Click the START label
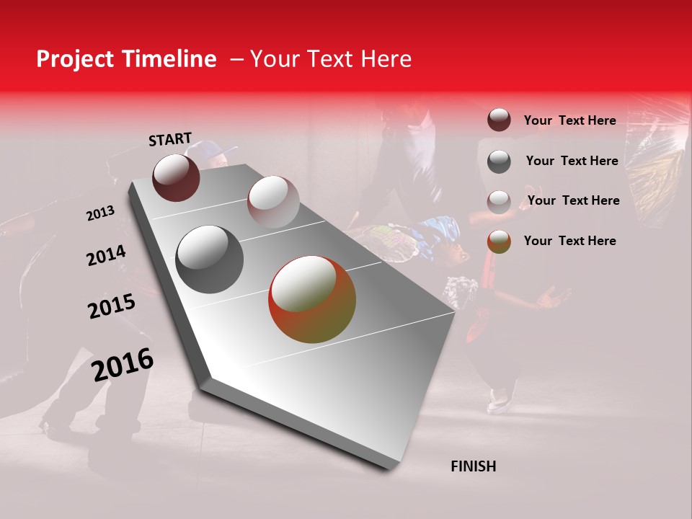point(170,138)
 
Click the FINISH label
point(473,466)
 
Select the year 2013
point(100,213)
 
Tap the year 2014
point(106,256)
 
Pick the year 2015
point(112,306)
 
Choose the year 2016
point(123,364)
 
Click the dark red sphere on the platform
point(176,177)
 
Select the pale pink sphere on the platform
point(272,201)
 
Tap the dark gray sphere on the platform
point(209,259)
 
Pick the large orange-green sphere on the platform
point(312,299)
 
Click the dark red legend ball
point(499,120)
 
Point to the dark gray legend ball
point(499,161)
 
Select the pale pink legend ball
point(499,202)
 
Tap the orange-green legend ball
point(499,241)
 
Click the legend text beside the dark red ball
point(569,120)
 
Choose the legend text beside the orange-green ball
point(569,241)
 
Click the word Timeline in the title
point(170,59)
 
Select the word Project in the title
point(74,59)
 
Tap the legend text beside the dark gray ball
point(572,161)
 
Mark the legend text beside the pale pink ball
point(573,200)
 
